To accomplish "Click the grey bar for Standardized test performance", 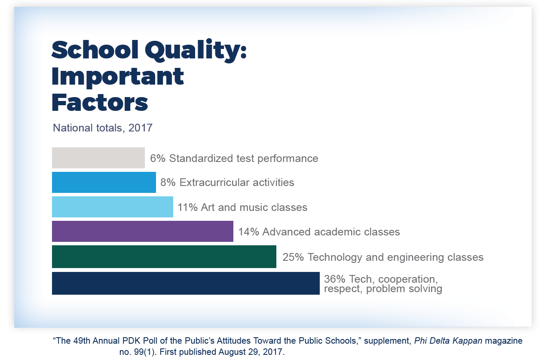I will coord(98,158).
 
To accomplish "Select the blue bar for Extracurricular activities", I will coord(104,183).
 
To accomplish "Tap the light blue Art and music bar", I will coord(112,207).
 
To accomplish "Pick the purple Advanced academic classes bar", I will coord(142,232).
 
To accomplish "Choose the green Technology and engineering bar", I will coord(164,257).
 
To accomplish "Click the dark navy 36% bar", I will coord(186,284).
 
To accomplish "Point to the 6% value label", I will coord(158,159).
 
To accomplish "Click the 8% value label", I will coord(168,183).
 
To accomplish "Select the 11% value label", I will coord(187,207).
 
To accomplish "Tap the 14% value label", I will coord(248,232).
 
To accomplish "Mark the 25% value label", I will coord(293,257).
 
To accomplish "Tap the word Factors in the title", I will coord(100,103).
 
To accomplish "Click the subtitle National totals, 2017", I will coord(102,128).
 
